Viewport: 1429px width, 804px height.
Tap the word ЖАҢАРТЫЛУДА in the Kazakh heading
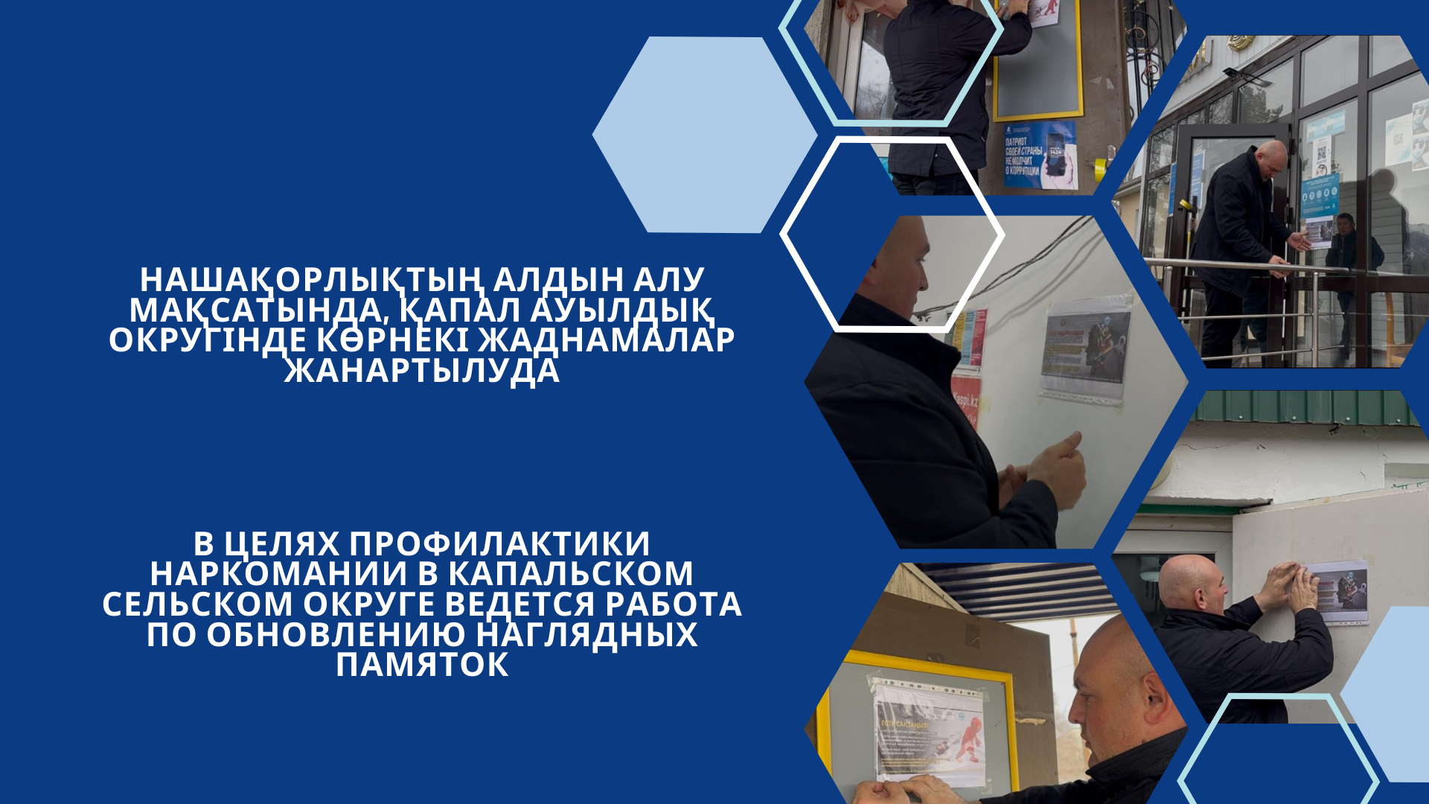point(422,371)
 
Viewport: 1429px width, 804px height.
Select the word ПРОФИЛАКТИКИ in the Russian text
point(500,544)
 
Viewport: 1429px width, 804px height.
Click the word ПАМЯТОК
point(422,665)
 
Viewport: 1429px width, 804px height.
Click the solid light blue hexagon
point(703,135)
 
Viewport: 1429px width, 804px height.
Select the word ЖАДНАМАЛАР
point(606,340)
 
